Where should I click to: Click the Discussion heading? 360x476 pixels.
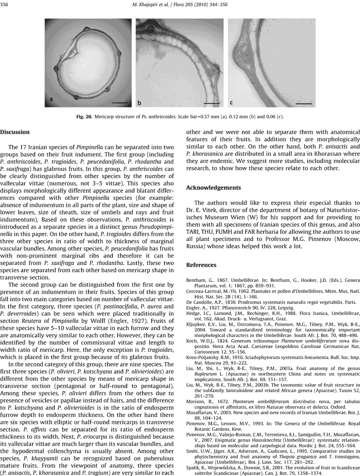[x=15, y=132]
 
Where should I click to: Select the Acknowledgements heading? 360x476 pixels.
[x=214, y=188]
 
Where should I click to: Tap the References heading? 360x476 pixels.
[x=201, y=265]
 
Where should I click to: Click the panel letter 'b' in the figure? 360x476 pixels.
[x=139, y=103]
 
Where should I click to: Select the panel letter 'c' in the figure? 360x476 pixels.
[x=231, y=103]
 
